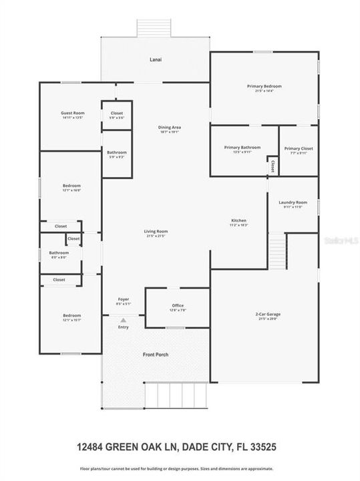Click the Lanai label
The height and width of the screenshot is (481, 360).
click(155, 59)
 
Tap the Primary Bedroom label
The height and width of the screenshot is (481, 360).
click(264, 86)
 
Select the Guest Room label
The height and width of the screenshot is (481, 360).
click(73, 113)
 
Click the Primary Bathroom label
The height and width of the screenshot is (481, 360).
click(242, 147)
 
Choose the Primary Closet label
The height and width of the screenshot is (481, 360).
click(299, 148)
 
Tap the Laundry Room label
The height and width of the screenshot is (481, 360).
click(293, 202)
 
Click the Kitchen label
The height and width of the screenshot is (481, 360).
click(239, 220)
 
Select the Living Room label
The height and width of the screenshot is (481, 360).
click(156, 231)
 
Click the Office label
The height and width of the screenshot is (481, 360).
click(178, 305)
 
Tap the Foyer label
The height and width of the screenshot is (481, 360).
click(124, 299)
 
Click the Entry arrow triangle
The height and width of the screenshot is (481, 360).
click(123, 321)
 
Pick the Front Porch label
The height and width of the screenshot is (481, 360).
click(155, 354)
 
